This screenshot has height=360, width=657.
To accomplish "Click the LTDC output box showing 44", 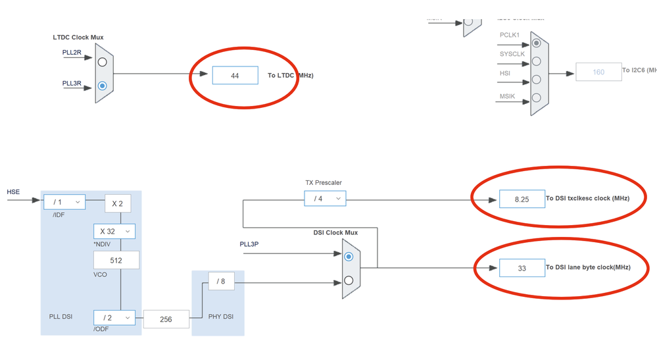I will (x=235, y=76).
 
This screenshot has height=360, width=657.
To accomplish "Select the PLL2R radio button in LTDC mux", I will (x=102, y=63).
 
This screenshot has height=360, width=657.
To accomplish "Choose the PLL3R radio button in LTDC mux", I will (x=102, y=86).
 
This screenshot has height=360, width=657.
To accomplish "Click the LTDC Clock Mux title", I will (x=78, y=38).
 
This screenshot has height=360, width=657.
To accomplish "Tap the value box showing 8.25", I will (x=522, y=198).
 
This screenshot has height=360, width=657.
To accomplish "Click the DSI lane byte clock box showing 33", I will (x=522, y=268).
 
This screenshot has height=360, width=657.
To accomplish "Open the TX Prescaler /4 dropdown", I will (x=325, y=198).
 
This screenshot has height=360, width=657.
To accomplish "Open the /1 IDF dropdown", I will (x=64, y=203).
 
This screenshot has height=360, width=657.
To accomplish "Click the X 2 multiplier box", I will (x=118, y=203).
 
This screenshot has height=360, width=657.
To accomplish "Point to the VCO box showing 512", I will (x=116, y=260).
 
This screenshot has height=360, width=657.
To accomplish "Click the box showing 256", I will (x=166, y=319).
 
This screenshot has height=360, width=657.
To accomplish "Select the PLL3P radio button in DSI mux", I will (x=349, y=257).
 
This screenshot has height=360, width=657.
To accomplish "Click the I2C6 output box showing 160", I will (x=598, y=72).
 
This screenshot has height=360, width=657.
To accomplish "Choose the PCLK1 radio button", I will (x=537, y=43).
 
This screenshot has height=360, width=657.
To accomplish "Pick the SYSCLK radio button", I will (x=537, y=62).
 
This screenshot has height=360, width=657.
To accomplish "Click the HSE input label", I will (x=14, y=192).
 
